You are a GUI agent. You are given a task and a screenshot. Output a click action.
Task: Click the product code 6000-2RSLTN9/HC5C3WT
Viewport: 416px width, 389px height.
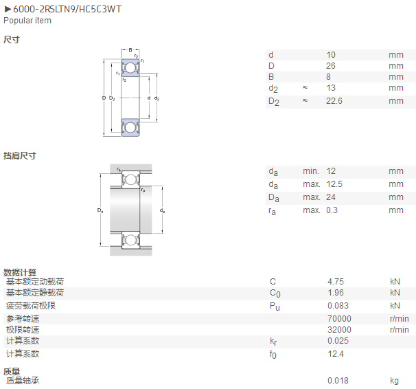67,10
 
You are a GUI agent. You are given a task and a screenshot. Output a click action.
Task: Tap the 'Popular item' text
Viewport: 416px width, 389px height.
27,21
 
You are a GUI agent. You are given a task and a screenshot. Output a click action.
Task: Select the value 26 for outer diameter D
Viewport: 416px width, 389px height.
331,66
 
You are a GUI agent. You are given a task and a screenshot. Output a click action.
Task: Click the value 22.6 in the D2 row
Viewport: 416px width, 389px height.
334,101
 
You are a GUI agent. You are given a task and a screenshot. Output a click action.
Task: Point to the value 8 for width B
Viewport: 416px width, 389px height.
328,77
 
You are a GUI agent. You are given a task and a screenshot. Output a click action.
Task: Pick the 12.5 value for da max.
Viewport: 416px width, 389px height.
334,184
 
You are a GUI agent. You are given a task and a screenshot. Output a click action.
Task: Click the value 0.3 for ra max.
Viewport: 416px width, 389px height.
332,210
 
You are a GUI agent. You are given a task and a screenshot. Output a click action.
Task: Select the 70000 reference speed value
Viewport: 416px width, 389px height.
339,318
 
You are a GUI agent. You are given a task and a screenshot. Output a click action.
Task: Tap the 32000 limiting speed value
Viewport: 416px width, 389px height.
339,329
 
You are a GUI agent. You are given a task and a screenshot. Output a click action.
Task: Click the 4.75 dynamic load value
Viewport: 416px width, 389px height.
336,282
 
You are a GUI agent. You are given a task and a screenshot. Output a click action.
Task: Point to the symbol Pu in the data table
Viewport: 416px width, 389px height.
275,307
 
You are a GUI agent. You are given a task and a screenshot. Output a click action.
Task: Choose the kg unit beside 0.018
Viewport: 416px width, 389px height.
395,381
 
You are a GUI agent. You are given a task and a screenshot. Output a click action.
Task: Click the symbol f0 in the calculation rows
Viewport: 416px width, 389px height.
273,354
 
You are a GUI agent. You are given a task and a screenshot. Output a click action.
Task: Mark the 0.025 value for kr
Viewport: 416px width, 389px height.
338,341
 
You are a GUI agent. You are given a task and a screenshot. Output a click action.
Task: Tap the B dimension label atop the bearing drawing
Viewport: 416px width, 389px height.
130,50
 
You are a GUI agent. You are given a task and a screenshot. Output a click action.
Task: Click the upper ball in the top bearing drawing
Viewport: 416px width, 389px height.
130,68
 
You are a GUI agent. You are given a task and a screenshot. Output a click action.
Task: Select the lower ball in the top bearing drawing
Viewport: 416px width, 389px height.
130,127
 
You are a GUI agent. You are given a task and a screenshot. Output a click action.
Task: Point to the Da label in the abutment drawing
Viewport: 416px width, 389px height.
100,210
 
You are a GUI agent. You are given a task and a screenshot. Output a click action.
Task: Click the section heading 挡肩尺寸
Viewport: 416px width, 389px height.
20,155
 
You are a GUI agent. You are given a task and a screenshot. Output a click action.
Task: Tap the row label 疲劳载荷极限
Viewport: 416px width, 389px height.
31,306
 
